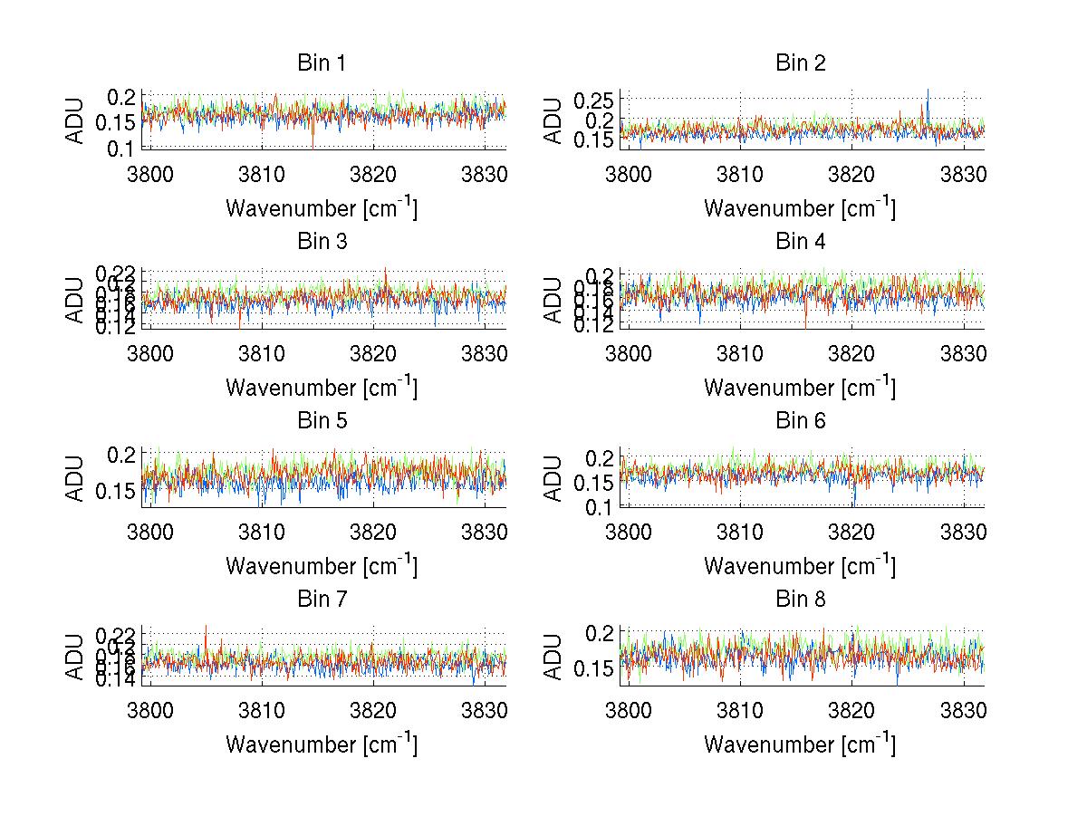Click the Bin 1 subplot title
pyautogui.click(x=321, y=63)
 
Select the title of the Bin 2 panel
pyautogui.click(x=800, y=63)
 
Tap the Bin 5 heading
pyautogui.click(x=321, y=421)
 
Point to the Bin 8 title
pyautogui.click(x=800, y=600)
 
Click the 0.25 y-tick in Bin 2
pyautogui.click(x=594, y=98)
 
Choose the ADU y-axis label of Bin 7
pyautogui.click(x=75, y=655)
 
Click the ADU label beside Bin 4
pyautogui.click(x=553, y=298)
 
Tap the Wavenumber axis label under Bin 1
pyautogui.click(x=321, y=207)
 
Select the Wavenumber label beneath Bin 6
pyautogui.click(x=800, y=565)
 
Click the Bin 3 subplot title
pyautogui.click(x=321, y=242)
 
